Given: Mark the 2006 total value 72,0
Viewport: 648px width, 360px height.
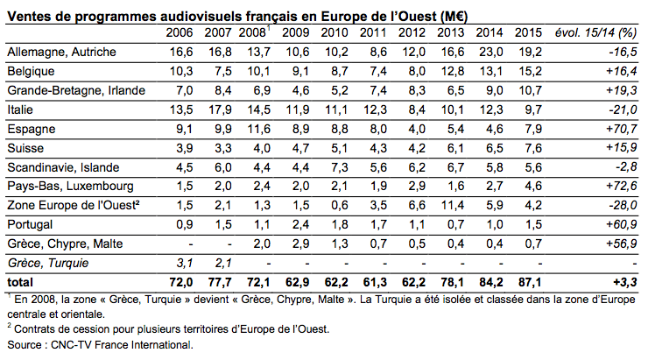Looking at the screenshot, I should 179,281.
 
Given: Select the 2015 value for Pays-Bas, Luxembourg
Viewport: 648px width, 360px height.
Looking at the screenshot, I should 532,186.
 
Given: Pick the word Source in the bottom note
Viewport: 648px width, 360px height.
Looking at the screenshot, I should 25,345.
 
